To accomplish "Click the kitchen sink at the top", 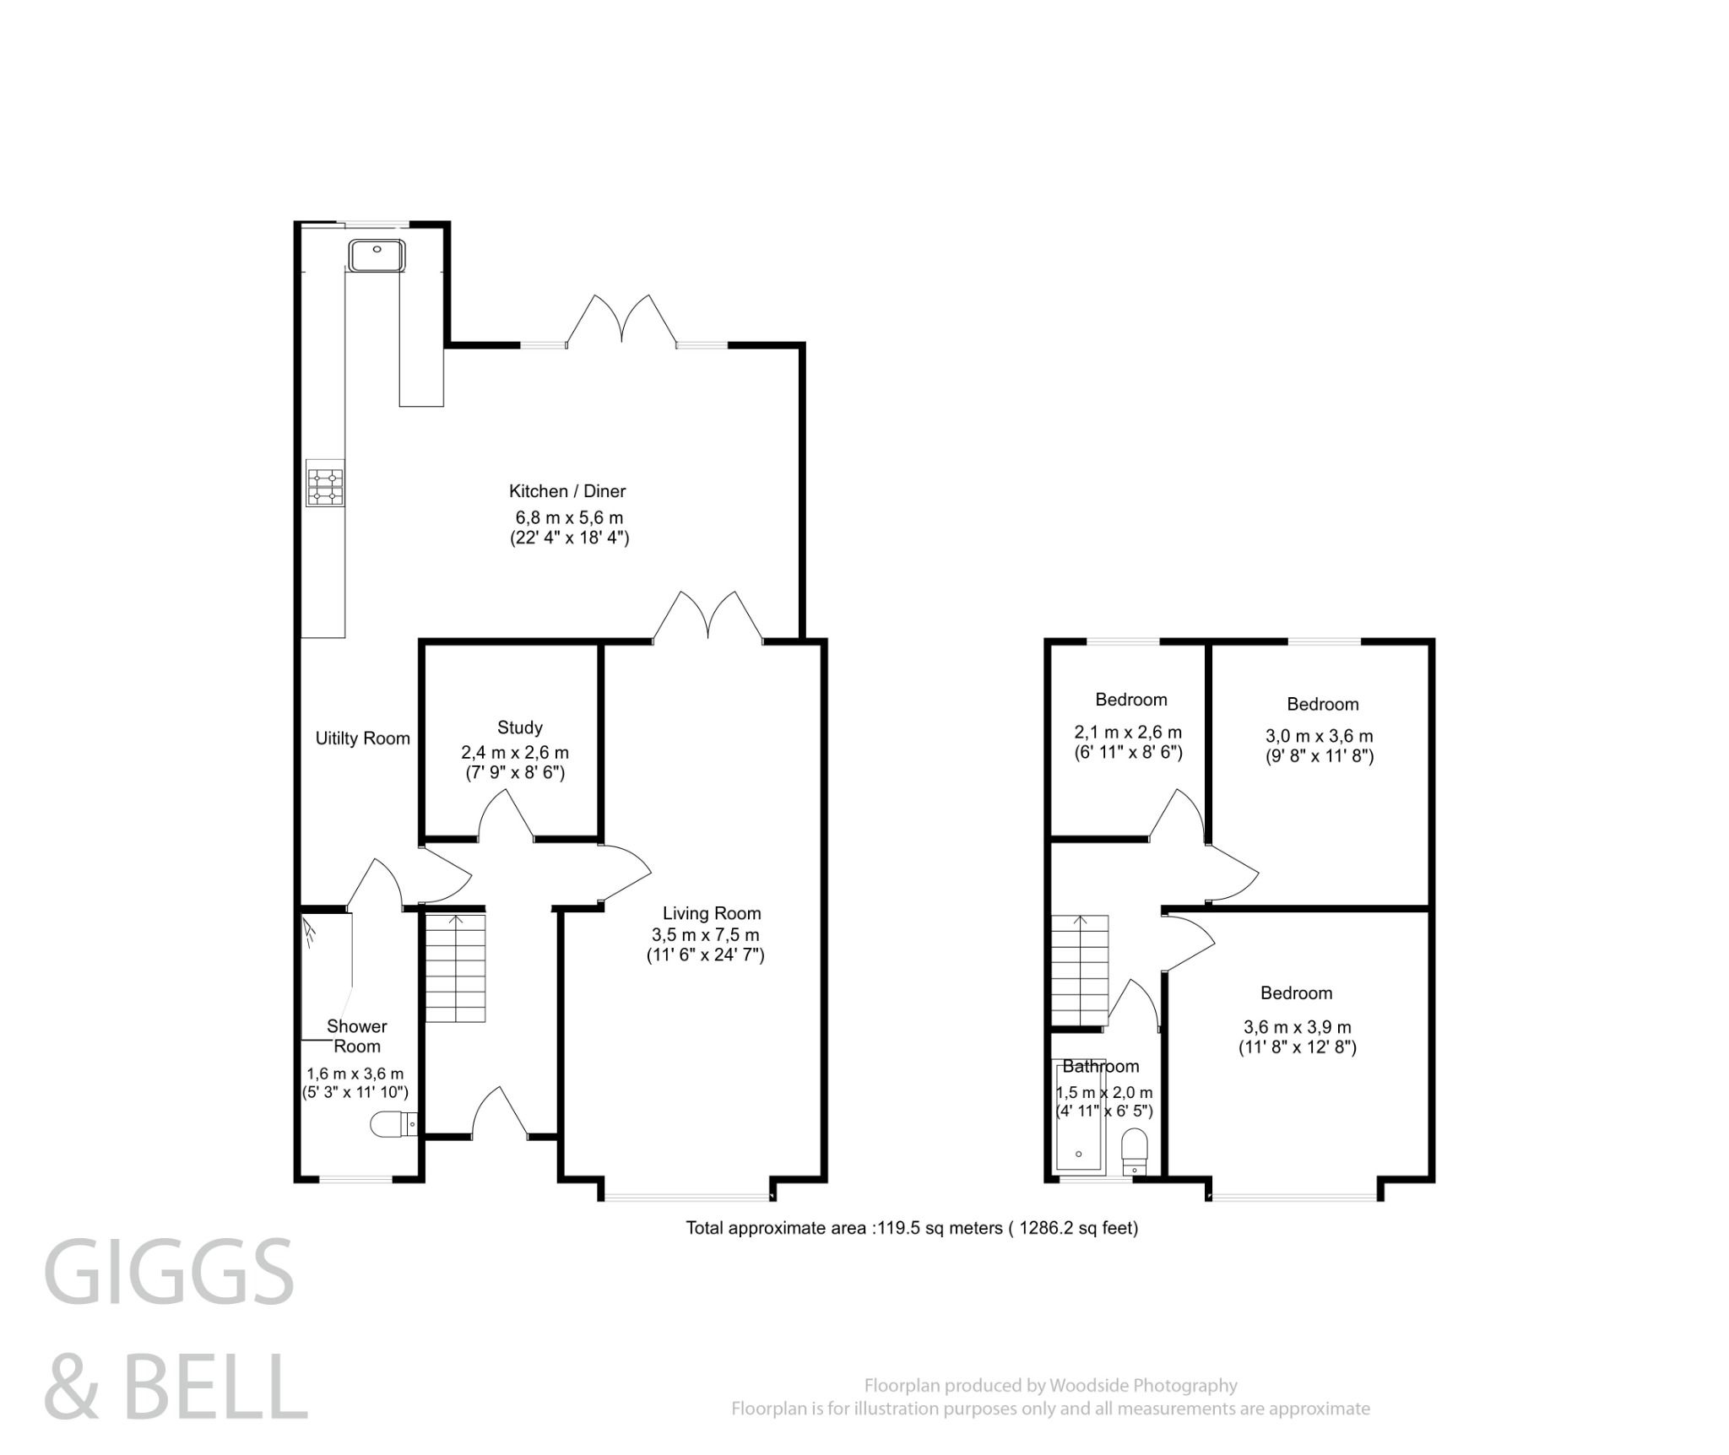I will tap(377, 255).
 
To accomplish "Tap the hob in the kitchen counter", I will tap(325, 487).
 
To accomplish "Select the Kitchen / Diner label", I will tap(566, 490).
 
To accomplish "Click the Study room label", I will tap(519, 727).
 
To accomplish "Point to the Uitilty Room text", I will tap(362, 738).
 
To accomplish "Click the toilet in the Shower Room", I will tap(393, 1125).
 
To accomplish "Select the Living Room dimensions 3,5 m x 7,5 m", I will tap(705, 934).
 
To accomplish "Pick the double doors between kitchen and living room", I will tap(708, 618).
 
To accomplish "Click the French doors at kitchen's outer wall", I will tap(622, 321).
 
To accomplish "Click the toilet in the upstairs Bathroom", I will tap(1136, 1151).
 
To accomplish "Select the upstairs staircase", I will tap(1078, 971).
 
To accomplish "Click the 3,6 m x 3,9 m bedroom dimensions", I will tap(1297, 1027).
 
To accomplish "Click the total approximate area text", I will tap(911, 1228).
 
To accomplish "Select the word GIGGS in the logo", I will tap(169, 1271).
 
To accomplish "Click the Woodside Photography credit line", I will tap(1050, 1385).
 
